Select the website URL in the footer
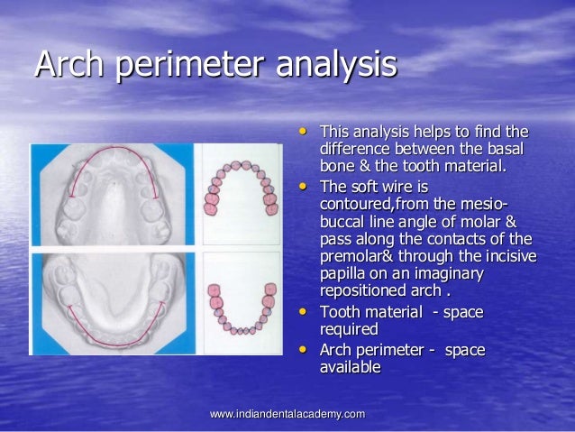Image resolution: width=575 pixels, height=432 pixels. pos(287,414)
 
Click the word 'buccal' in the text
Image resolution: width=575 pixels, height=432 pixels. pos(342,222)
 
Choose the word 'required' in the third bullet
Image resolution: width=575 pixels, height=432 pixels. pos(347,329)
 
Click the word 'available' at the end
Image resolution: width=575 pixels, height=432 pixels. pos(349,367)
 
